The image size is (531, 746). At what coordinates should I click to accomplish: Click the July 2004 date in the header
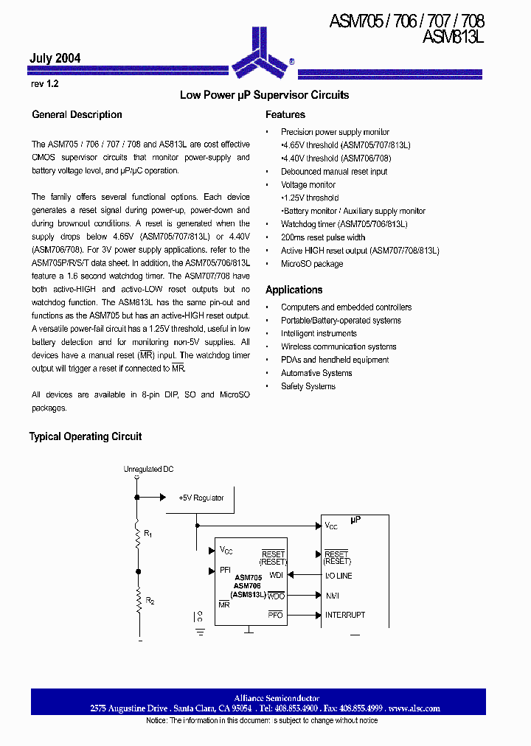pos(55,58)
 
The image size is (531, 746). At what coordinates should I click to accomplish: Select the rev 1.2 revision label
pos(44,84)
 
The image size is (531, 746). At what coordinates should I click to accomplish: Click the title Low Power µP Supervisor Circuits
pos(265,95)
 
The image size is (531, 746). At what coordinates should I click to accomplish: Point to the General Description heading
pos(77,115)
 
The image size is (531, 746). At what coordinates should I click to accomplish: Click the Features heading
pos(285,115)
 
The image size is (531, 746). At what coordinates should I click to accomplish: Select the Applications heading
pos(294,290)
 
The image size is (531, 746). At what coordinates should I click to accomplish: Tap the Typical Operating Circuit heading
pos(86,436)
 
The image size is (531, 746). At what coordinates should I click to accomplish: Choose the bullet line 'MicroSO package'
pos(312,263)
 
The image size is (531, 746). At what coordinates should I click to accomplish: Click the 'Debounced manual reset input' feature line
pos(334,171)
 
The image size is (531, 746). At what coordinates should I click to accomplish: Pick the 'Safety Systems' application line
pos(308,386)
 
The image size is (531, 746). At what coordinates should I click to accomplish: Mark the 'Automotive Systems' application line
pos(316,373)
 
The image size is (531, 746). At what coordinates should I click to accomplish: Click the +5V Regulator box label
pos(201,498)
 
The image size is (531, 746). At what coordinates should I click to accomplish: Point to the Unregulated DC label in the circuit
pos(148,469)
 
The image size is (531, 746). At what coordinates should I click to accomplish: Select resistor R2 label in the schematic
pos(149,602)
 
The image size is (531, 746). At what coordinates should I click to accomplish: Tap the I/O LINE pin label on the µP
pos(339,576)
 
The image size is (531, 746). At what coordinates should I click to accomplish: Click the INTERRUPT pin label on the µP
pos(345,615)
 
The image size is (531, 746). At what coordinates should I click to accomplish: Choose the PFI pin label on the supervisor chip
pos(226,570)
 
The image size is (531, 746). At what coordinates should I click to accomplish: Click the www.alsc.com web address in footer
pos(414,708)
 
